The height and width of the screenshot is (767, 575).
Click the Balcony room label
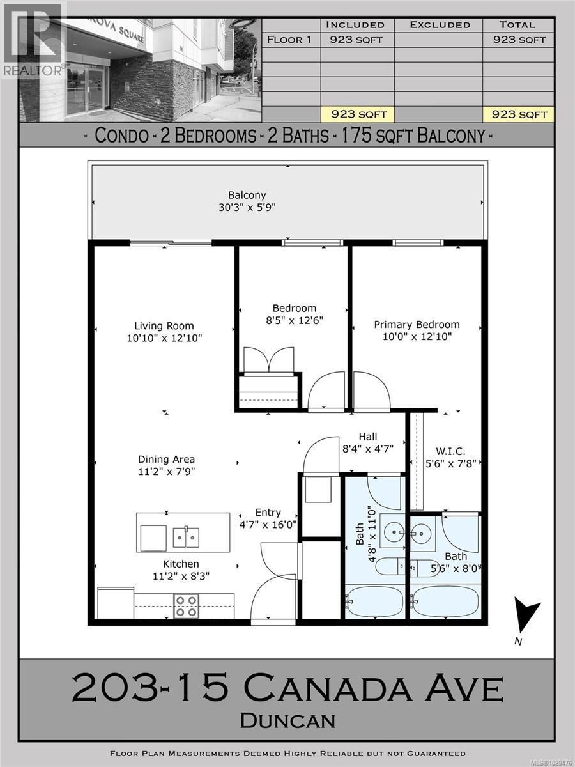[247, 195]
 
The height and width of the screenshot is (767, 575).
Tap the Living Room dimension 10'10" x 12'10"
[164, 337]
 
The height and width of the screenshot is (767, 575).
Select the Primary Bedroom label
[417, 325]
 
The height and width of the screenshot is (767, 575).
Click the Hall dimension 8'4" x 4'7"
[367, 449]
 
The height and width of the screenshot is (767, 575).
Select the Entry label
[268, 513]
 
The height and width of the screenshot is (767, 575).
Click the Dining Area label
[166, 459]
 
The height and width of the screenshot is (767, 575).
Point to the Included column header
[355, 25]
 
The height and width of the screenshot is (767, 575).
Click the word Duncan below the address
[287, 720]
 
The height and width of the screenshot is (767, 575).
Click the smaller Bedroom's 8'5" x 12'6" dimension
[292, 320]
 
